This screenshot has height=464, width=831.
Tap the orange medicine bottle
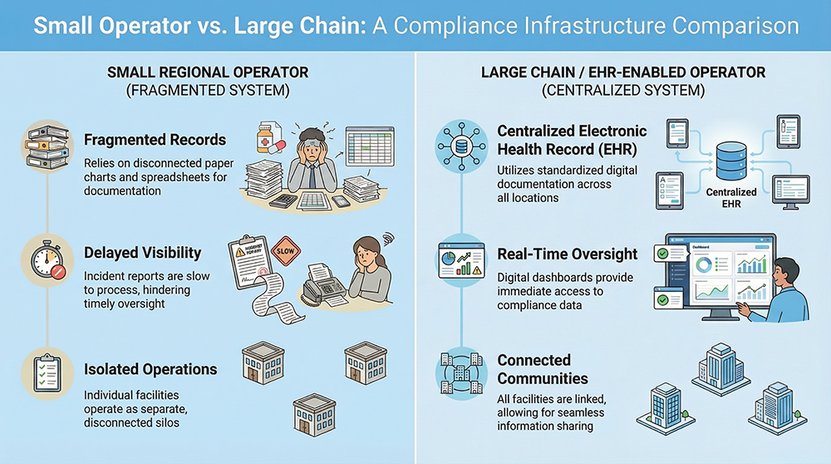click(267, 138)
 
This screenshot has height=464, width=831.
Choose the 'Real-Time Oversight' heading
click(568, 254)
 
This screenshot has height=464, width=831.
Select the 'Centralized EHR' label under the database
click(731, 197)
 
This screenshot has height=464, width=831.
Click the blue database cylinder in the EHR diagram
click(731, 159)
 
